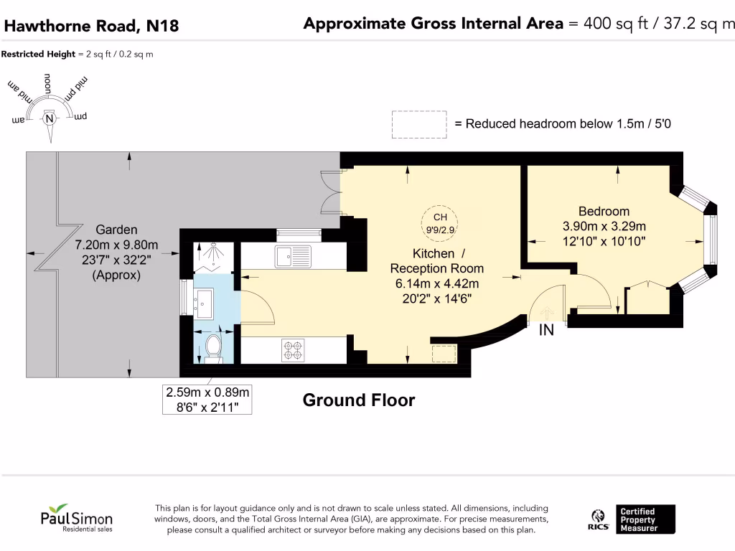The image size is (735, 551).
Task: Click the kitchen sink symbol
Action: (x=293, y=256)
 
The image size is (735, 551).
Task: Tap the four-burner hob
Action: (x=293, y=350)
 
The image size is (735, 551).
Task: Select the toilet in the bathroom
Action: (x=213, y=349)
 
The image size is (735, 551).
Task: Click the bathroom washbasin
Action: (x=203, y=303)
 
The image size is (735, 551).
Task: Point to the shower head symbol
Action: (x=214, y=250)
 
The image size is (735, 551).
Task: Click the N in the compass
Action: (x=50, y=118)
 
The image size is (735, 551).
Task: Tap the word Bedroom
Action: (x=604, y=212)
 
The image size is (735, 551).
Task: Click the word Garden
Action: (x=116, y=230)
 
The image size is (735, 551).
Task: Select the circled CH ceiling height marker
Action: (x=440, y=224)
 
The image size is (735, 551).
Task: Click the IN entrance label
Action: (x=546, y=330)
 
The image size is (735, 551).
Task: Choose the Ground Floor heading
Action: (x=359, y=400)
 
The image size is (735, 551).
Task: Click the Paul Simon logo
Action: (x=76, y=518)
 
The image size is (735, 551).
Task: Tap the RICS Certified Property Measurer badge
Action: (x=632, y=519)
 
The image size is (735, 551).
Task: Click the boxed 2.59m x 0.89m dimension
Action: (x=207, y=400)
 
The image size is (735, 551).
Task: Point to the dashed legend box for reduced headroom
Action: (x=419, y=125)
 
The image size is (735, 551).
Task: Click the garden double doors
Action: (x=331, y=193)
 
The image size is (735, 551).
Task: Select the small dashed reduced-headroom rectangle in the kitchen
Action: (x=444, y=354)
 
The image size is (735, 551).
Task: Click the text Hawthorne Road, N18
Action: (x=91, y=26)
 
